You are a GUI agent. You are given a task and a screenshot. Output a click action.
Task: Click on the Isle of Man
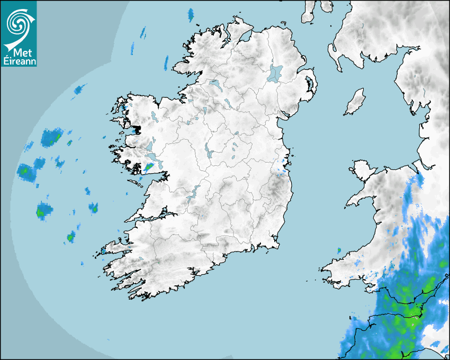coord(355,102)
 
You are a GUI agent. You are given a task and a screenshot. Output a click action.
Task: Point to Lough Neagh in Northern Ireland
coord(275,73)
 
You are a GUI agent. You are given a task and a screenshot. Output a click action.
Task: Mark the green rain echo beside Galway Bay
coord(148,168)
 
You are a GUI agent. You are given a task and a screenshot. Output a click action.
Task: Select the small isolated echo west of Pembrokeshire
coord(339,250)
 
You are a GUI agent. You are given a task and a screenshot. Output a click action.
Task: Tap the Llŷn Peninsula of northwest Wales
coord(360,200)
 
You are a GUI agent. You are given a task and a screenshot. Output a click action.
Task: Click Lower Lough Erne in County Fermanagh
coord(214,84)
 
